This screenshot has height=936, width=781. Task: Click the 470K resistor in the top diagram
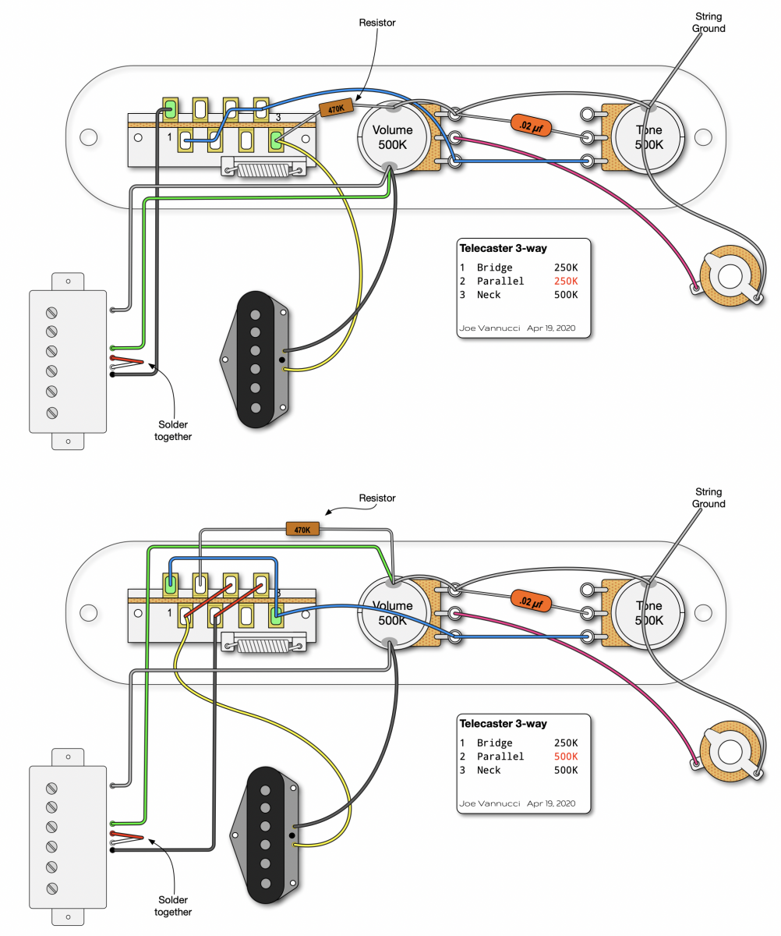(336, 109)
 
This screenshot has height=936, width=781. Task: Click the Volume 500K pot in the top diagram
(394, 137)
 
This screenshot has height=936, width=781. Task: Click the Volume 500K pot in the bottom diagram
(393, 613)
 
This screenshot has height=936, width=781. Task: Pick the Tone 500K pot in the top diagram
(648, 137)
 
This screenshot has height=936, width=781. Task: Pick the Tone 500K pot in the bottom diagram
(648, 613)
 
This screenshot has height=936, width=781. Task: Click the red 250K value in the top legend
(564, 281)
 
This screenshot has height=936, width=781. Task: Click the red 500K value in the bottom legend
(564, 756)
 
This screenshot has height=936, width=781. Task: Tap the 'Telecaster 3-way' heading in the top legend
(503, 249)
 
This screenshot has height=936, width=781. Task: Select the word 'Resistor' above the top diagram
(376, 23)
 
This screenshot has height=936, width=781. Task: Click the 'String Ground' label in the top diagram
(709, 23)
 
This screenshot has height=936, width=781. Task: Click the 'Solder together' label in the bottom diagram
(172, 906)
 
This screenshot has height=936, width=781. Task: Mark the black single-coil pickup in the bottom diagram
(267, 833)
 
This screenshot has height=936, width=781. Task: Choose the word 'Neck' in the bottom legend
(489, 770)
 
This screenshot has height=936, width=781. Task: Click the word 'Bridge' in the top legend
(495, 267)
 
